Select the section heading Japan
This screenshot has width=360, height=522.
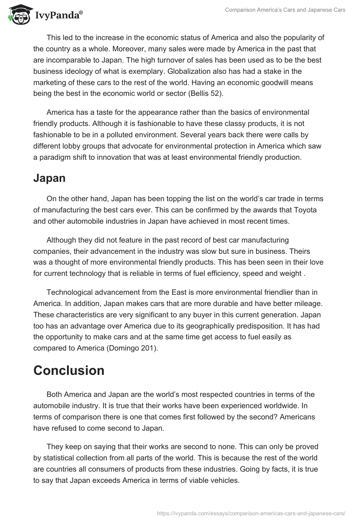49,178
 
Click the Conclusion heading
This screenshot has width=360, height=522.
69,370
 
